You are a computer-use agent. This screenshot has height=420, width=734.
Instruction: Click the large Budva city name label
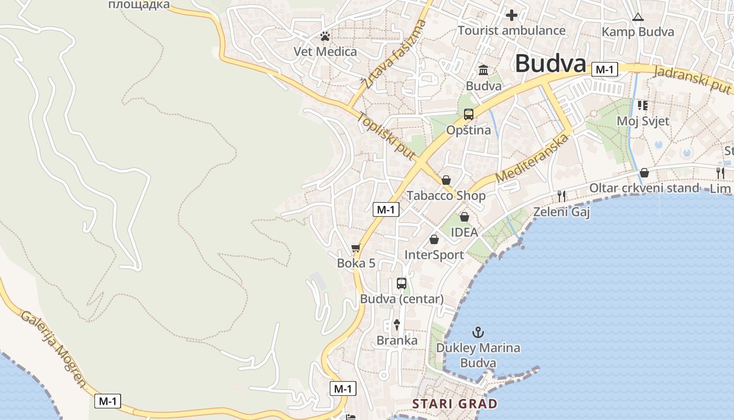(x=550, y=64)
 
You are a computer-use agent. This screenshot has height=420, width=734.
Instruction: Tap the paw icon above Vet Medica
(x=325, y=37)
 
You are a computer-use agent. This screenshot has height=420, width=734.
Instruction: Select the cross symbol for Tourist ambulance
(x=512, y=15)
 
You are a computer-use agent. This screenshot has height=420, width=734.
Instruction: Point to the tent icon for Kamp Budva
(x=638, y=17)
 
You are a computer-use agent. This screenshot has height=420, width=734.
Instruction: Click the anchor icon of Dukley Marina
(x=478, y=332)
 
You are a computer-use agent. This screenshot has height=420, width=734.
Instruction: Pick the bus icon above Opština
(x=468, y=114)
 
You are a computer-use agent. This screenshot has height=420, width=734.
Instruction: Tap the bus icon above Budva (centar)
(x=402, y=283)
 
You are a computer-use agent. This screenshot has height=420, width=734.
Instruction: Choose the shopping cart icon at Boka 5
(x=356, y=248)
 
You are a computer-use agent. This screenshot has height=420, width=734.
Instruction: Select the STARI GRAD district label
(x=455, y=404)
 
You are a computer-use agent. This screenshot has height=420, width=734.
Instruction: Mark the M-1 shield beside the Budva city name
(x=605, y=69)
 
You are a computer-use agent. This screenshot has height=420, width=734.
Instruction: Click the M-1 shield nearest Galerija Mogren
(x=107, y=402)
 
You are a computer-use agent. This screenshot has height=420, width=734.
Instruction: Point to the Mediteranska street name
(x=532, y=158)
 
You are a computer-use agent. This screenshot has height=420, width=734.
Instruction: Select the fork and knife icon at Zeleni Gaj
(x=562, y=196)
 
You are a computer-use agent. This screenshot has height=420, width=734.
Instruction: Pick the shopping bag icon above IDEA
(x=464, y=216)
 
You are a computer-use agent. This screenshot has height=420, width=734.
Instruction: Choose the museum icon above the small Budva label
(x=483, y=70)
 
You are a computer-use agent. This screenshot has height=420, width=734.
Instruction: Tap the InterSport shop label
(x=434, y=255)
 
